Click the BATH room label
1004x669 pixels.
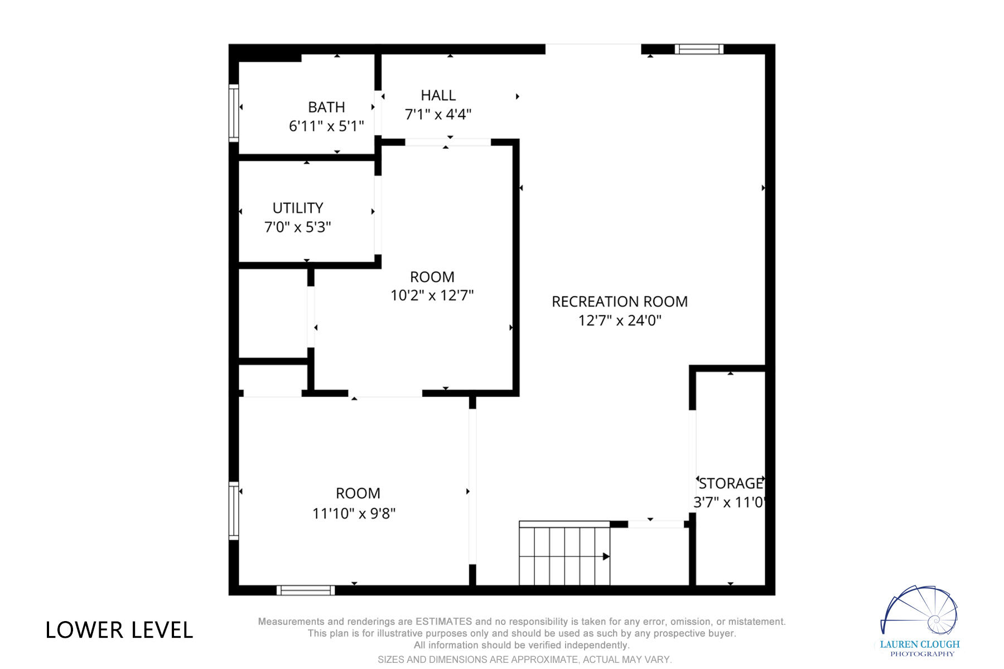pyautogui.click(x=326, y=107)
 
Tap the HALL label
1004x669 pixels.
pyautogui.click(x=438, y=95)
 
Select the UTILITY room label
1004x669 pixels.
pyautogui.click(x=298, y=208)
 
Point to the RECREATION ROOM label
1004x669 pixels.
pyautogui.click(x=620, y=302)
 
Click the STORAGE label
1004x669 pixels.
pyautogui.click(x=731, y=483)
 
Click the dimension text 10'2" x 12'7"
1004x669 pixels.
pyautogui.click(x=432, y=295)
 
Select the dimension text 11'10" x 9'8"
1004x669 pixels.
pyautogui.click(x=354, y=513)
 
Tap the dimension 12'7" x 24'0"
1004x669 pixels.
pyautogui.click(x=620, y=321)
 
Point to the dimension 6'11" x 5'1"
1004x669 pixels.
pyautogui.click(x=326, y=126)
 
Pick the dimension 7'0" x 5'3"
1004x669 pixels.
pyautogui.click(x=297, y=227)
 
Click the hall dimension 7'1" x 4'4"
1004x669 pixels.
pyautogui.click(x=438, y=114)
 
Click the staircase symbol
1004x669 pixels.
pyautogui.click(x=564, y=554)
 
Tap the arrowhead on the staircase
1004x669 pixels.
pyautogui.click(x=606, y=556)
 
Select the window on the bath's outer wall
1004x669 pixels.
pyautogui.click(x=234, y=113)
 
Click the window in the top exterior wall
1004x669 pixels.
pyautogui.click(x=699, y=49)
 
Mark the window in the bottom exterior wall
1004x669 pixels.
pyautogui.click(x=306, y=590)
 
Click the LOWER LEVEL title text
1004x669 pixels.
pyautogui.click(x=119, y=631)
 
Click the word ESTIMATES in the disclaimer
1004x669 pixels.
pyautogui.click(x=444, y=622)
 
